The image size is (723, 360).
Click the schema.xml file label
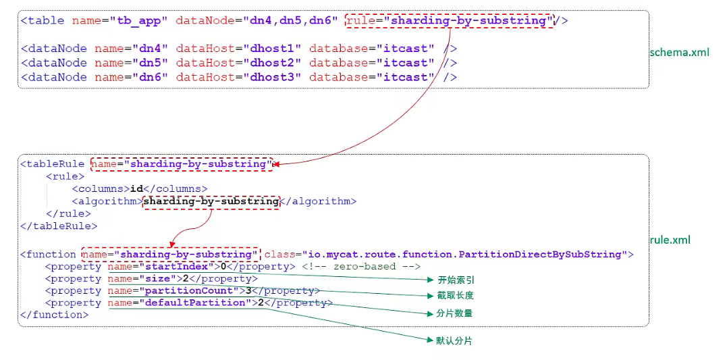(679, 52)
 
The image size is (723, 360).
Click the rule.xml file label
(670, 240)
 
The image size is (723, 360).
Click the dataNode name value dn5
(155, 63)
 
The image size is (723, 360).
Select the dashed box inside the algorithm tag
(211, 201)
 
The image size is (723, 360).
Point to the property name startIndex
(177, 266)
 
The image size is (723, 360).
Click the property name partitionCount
(191, 290)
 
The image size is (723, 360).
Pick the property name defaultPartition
(195, 303)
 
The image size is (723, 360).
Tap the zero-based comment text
(361, 266)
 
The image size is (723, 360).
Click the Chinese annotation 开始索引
(456, 280)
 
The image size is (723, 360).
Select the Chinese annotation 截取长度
(456, 296)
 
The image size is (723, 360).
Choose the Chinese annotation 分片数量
(454, 313)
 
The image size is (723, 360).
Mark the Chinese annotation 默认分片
(454, 341)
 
